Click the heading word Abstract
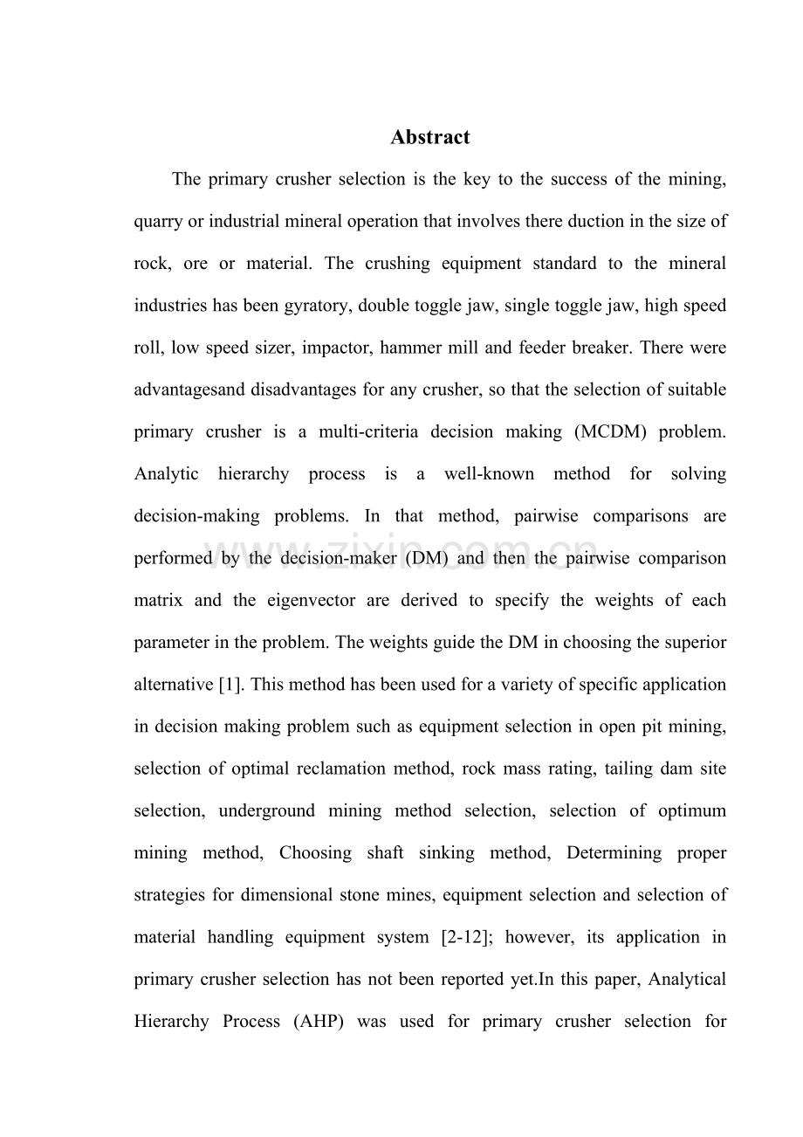pos(429,137)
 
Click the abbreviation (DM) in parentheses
pos(426,558)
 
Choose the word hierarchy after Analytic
pos(254,474)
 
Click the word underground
pos(266,810)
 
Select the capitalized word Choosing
pos(315,852)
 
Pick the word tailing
pos(615,768)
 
